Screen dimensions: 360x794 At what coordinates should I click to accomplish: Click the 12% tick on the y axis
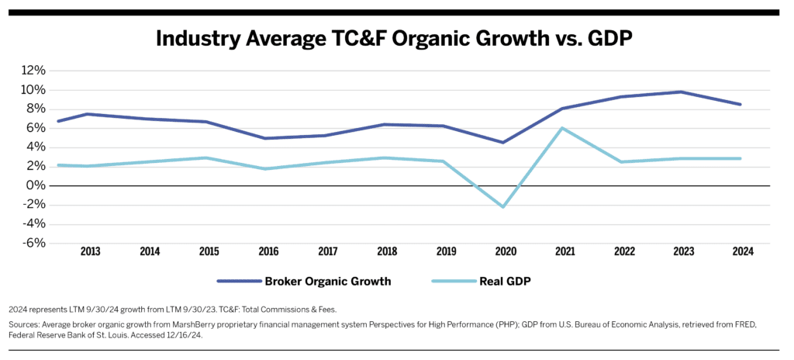click(x=34, y=71)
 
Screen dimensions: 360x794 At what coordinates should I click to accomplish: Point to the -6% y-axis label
click(x=34, y=243)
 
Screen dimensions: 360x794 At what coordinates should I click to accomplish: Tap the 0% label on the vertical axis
click(x=38, y=185)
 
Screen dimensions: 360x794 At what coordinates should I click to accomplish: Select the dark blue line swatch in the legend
click(x=240, y=282)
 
